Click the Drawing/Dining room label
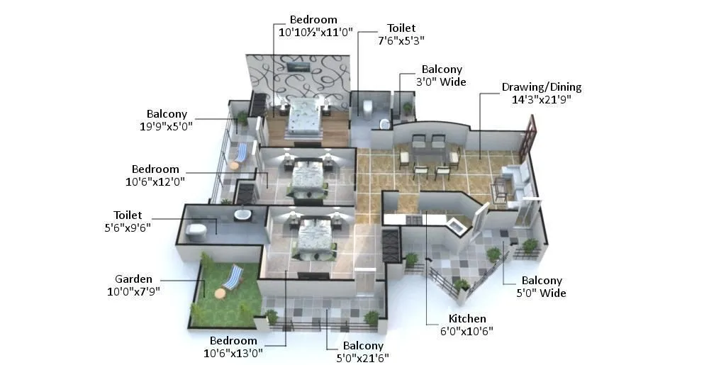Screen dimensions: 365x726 tap(542, 87)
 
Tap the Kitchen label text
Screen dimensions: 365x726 tap(467, 318)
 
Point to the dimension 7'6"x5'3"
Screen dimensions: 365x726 tap(401, 40)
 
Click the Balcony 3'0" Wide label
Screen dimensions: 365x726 tap(442, 75)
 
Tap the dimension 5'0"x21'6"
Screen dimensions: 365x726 tap(357, 357)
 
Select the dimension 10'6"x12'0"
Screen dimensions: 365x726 tap(155, 181)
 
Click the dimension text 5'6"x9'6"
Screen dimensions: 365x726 tap(128, 227)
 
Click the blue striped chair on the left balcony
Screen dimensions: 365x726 tap(242, 152)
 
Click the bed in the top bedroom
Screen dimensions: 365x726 tap(305, 116)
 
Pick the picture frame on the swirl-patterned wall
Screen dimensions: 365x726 tap(298, 66)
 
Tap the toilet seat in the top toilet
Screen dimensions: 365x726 tap(367, 107)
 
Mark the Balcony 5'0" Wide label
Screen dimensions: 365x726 tap(542, 286)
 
